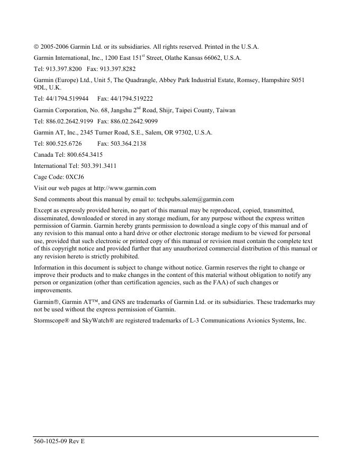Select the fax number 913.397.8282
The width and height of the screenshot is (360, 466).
(116, 69)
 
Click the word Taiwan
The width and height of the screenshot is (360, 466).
(226, 111)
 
